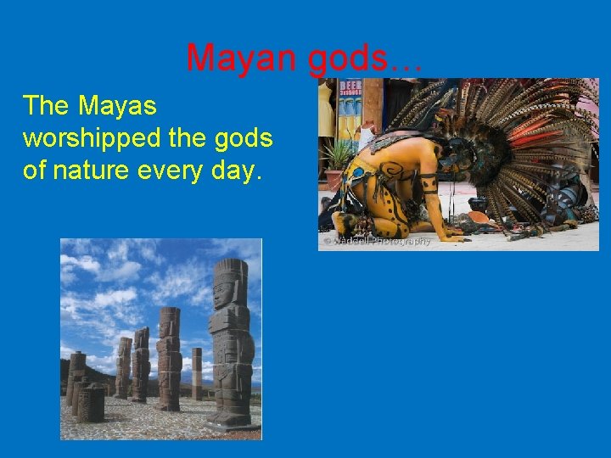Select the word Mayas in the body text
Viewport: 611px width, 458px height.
tap(118, 106)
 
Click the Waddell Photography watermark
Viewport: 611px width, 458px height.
tap(377, 241)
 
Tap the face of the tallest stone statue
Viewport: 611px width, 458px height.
tap(223, 293)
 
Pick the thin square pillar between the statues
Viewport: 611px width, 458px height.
tap(197, 373)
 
